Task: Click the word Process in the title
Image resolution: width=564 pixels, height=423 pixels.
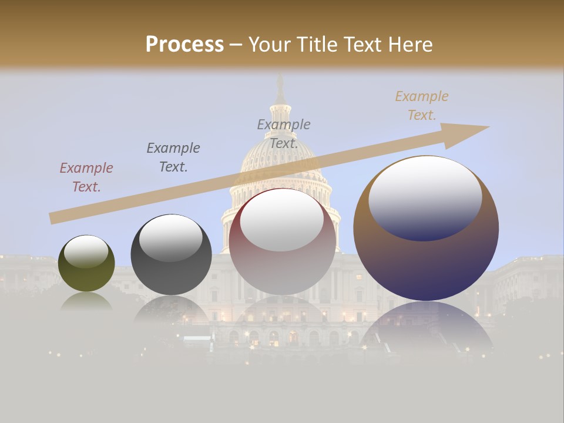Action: tap(184, 44)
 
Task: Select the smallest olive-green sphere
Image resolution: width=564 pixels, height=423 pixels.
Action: tap(86, 263)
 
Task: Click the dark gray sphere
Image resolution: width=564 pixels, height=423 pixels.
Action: tap(171, 255)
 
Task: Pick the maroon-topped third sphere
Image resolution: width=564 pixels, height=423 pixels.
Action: tap(283, 241)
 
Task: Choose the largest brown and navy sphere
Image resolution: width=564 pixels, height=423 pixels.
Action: tap(426, 229)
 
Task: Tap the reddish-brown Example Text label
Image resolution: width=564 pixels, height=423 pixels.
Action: tap(86, 177)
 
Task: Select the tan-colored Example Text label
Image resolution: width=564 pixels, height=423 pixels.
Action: tap(422, 106)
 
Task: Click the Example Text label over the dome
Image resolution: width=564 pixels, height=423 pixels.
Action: tap(284, 133)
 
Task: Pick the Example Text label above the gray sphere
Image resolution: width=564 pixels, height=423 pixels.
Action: tap(173, 157)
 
